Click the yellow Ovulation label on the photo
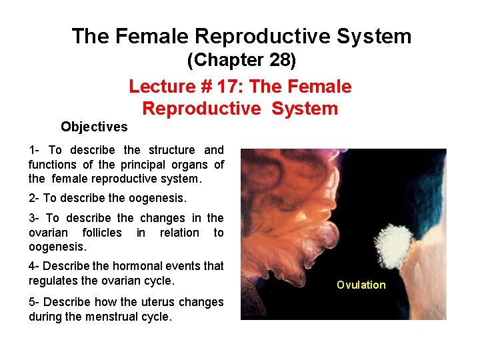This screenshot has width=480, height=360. click(x=361, y=285)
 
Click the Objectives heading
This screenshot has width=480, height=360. click(x=94, y=127)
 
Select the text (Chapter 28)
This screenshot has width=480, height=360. click(x=241, y=61)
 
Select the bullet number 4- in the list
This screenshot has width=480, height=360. click(x=35, y=265)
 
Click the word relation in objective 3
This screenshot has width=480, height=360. click(x=180, y=233)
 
